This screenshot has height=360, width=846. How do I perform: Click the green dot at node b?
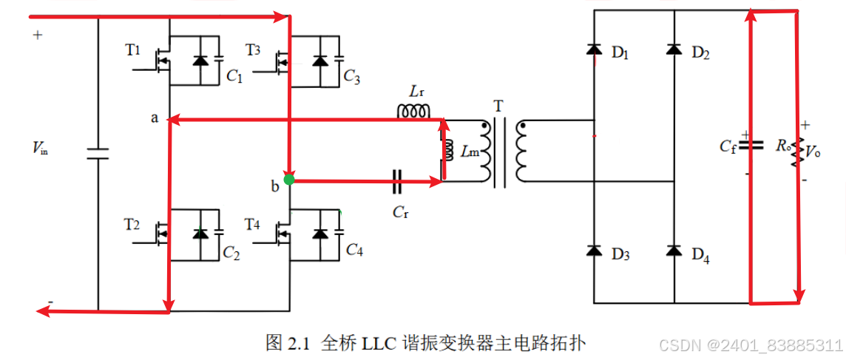[289, 180]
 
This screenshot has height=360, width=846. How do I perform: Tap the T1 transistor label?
[133, 50]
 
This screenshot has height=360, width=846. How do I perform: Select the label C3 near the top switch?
[352, 77]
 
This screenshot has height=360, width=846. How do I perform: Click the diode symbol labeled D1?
[593, 50]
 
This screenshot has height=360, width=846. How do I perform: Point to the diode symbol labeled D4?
[674, 251]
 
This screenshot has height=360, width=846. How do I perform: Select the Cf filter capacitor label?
[728, 146]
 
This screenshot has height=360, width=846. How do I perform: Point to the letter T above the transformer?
[499, 106]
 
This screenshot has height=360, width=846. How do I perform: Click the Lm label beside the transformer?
[469, 152]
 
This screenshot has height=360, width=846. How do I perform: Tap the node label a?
[155, 118]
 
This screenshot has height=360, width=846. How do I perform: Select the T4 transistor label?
[253, 224]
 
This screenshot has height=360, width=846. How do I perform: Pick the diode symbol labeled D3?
[593, 251]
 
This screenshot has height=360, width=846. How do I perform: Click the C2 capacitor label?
[231, 254]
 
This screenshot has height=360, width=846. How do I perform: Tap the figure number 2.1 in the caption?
[297, 343]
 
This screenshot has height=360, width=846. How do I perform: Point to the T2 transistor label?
[132, 224]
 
